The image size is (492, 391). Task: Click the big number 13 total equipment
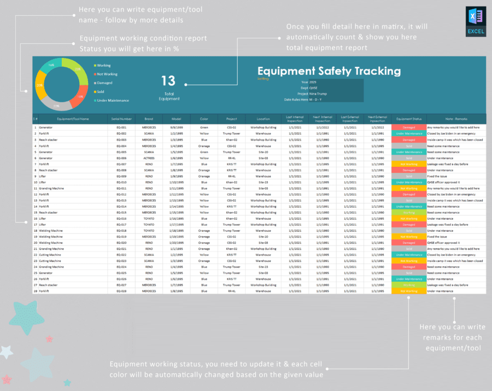[168, 81]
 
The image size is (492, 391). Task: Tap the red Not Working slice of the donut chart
[80, 97]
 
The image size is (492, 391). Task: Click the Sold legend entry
[100, 92]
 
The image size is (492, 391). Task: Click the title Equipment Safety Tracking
[329, 71]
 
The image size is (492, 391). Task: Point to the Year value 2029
[313, 82]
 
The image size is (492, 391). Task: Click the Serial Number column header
[121, 118]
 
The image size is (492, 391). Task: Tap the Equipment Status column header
[409, 118]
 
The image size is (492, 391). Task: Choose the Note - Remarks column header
[456, 118]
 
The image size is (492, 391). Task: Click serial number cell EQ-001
[121, 127]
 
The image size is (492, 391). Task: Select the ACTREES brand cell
[149, 157]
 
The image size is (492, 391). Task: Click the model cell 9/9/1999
[176, 127]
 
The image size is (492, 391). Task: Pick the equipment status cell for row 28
[409, 291]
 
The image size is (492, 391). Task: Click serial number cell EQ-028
[121, 291]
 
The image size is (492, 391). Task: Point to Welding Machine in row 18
[50, 231]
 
